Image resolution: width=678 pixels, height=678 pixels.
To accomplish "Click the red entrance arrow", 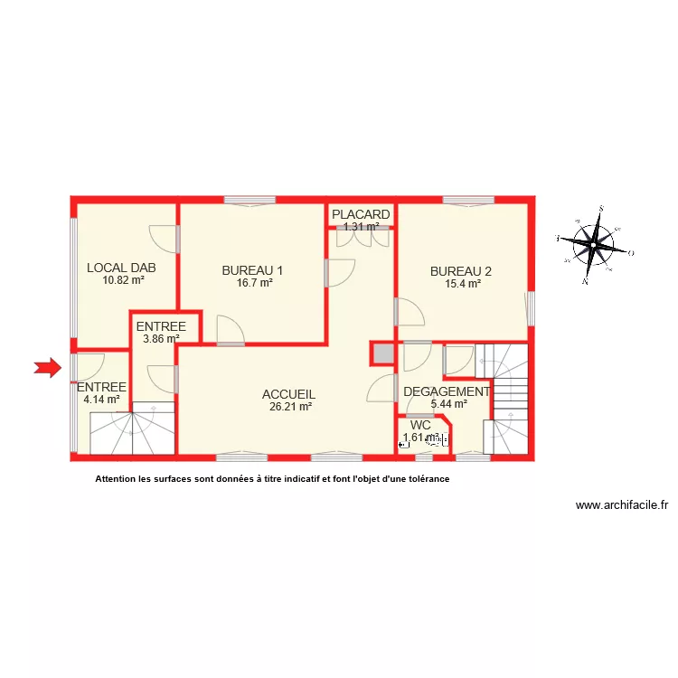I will coord(47,367).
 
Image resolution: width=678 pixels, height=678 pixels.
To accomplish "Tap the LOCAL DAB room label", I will coord(122,268).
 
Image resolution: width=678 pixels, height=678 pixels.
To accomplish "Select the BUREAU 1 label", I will coord(253,269).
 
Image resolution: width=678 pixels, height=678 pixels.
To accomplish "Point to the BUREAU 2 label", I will coord(461,270).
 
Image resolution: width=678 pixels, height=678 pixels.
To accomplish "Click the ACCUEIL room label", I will coord(288,394).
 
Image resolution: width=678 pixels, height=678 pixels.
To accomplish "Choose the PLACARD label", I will coord(361,214).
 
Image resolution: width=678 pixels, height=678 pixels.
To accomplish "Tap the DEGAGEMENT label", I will coord(447,391).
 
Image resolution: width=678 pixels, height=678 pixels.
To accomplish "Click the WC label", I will coord(420,425).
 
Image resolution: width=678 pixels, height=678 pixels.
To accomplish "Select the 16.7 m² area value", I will coord(254,283).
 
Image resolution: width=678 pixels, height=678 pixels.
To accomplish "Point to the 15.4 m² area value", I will coord(462,283).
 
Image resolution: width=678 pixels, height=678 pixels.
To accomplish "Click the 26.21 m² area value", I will coord(290,408).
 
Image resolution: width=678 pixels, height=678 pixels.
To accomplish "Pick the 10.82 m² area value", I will coord(123,280).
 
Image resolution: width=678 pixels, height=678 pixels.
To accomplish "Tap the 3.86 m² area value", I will coord(161,340).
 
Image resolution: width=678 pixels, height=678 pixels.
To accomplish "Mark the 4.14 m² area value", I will coord(101,399).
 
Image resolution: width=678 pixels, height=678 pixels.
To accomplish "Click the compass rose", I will coord(595,244).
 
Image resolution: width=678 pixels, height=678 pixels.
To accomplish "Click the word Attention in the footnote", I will coord(118,480).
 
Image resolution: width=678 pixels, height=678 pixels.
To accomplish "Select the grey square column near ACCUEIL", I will coord(382,353).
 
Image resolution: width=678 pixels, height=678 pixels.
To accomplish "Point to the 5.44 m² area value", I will coord(448,404).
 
